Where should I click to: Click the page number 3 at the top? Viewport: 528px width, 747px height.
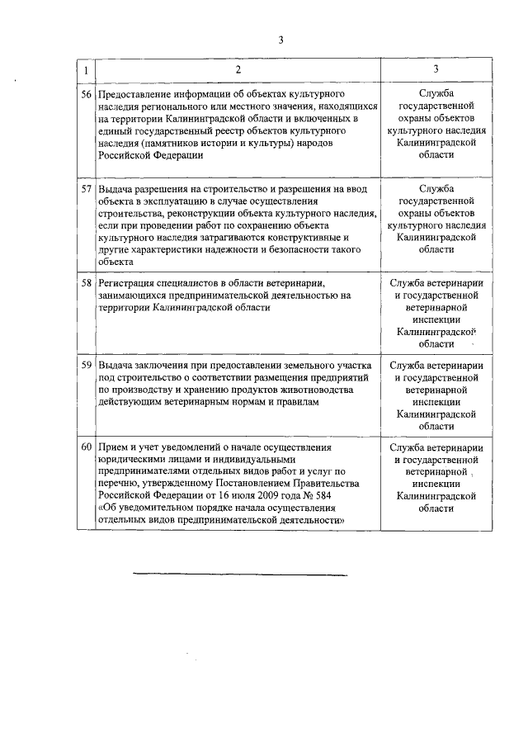(280, 39)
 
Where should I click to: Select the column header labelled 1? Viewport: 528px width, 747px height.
(87, 69)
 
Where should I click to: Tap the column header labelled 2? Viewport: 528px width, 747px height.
(238, 69)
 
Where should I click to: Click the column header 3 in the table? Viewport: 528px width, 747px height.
(436, 69)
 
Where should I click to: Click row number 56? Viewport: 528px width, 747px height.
(87, 95)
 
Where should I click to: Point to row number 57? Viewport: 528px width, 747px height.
(87, 189)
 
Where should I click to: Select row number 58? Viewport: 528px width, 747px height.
(87, 283)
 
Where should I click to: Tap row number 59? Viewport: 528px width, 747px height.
(87, 365)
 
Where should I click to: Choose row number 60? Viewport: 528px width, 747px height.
(87, 447)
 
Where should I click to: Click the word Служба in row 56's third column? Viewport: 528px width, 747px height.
(436, 95)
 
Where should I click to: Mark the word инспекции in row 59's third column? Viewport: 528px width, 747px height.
(436, 402)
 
